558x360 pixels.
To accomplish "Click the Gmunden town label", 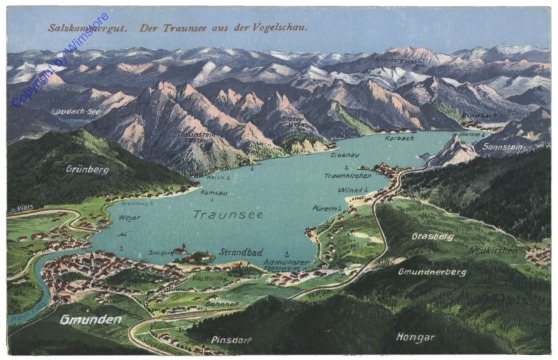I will coord(90,320).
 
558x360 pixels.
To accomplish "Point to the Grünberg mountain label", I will coord(88,169).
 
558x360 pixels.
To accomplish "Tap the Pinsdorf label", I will coord(230,340).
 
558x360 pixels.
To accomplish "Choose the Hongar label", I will coord(415,338).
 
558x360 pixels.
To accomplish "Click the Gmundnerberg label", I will coord(432,271).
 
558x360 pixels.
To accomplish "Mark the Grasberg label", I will coord(432,237).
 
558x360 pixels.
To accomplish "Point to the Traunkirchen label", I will coord(347,176).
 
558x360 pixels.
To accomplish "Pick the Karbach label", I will coord(398,138).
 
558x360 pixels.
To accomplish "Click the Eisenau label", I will coord(345,156).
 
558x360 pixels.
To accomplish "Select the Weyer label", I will coord(129,217).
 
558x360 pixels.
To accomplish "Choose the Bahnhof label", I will coord(221,303).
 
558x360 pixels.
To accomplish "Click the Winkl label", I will coord(351,190).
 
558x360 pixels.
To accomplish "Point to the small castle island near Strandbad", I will coord(180,251).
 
